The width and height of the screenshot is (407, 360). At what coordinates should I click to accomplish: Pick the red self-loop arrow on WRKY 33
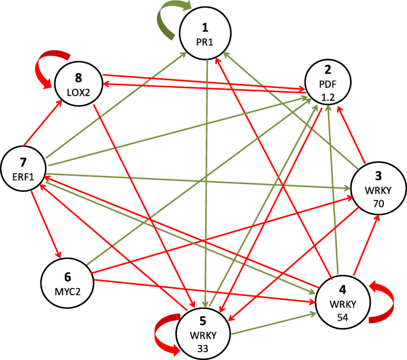point(165,336)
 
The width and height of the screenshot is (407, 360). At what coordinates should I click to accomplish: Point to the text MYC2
point(67,289)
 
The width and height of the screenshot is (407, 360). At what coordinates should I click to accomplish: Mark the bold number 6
point(67,276)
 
